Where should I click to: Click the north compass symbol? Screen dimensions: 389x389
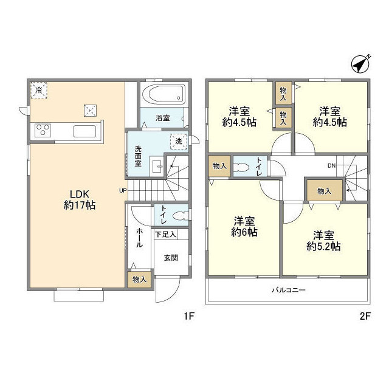click(360, 64)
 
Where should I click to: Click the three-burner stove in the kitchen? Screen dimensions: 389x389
click(43, 130)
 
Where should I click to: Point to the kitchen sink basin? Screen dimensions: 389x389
click(84, 131)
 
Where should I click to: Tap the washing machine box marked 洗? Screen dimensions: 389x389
click(179, 142)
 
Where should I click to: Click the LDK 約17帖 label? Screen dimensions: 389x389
click(80, 200)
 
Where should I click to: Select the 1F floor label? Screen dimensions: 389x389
click(189, 316)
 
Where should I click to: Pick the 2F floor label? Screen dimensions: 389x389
click(365, 316)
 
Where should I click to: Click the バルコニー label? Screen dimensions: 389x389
click(289, 290)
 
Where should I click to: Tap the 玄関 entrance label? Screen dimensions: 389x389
click(171, 258)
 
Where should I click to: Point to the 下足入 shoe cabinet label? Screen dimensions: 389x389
click(165, 234)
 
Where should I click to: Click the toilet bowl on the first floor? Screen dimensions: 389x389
click(181, 216)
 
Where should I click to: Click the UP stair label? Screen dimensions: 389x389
click(123, 190)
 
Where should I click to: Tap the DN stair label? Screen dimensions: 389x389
click(331, 166)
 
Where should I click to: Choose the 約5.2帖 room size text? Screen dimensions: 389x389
click(323, 246)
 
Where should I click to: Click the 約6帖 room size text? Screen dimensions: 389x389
click(244, 232)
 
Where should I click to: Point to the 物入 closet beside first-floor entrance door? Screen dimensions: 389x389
click(139, 280)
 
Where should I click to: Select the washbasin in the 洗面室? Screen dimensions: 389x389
click(157, 166)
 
